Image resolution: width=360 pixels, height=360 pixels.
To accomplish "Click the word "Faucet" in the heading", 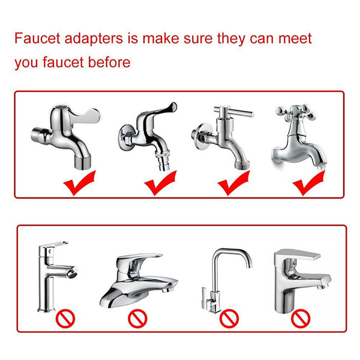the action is click(37, 38).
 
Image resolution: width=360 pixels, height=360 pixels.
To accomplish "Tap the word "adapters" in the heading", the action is click(94, 39).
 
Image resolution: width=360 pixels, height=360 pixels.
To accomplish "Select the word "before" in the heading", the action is click(109, 62).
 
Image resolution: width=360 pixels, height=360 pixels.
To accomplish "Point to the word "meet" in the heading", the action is click(295, 38).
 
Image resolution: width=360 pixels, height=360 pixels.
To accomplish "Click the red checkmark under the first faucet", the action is click(80, 183).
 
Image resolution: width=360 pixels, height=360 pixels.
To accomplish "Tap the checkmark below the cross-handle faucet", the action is click(308, 183).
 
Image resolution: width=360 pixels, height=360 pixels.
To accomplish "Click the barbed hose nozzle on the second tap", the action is click(163, 160).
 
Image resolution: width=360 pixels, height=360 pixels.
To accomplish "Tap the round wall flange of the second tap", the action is click(125, 138).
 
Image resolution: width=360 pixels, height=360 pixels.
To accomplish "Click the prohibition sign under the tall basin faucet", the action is click(65, 319).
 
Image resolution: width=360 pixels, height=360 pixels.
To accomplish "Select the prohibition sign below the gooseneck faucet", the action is click(229, 319).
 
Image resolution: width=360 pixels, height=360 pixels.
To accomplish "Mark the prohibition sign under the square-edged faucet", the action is click(301, 319).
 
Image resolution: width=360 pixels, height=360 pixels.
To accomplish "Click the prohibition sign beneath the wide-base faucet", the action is click(137, 319).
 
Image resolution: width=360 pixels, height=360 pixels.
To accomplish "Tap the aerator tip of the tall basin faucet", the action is click(73, 272).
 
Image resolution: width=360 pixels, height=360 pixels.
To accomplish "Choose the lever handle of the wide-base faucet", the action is click(140, 258).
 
